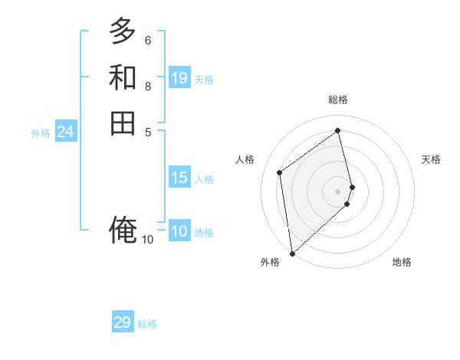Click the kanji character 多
pos(123,32)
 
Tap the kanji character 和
pos(123,77)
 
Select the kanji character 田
pos(123,123)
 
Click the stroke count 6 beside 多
pos(148,40)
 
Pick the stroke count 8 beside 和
pos(148,86)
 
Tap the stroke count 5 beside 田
pos(148,131)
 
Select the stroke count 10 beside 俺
pos(148,240)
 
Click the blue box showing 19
pos(179,78)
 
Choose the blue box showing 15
pos(179,178)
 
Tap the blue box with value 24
pos(65,132)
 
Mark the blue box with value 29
pos(123,322)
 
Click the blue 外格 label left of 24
pos(41,133)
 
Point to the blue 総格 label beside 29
pos(147,324)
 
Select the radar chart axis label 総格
pos(338,100)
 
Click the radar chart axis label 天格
pos(431,159)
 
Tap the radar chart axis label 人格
pos(245,159)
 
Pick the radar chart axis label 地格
pos(402,263)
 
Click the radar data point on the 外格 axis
pos(292,253)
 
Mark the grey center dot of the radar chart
pos(338,191)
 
